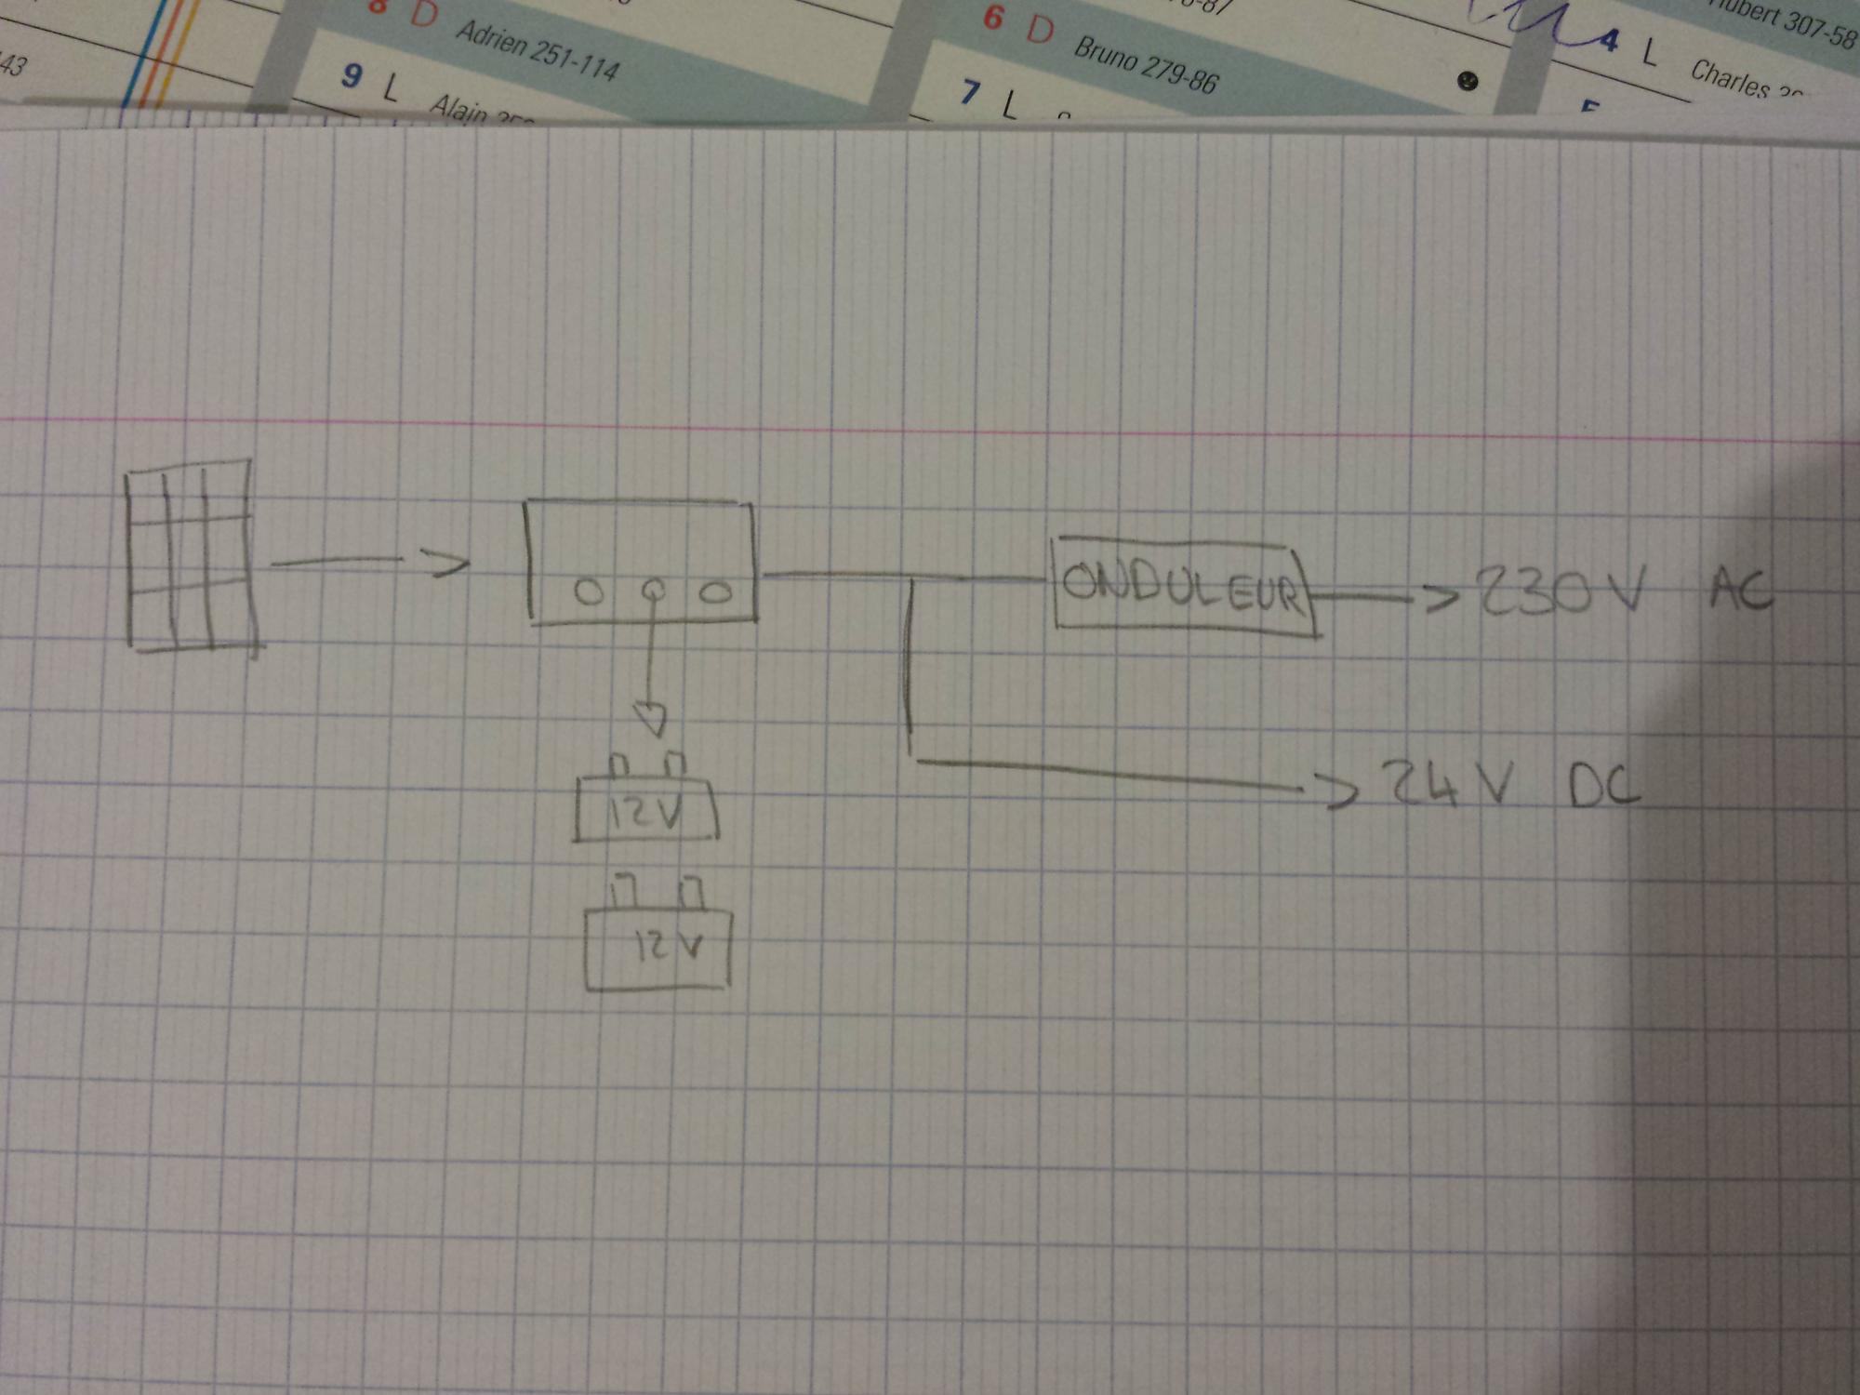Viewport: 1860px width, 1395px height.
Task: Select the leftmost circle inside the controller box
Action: [x=588, y=592]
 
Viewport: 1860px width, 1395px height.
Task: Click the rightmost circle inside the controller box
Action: [x=715, y=592]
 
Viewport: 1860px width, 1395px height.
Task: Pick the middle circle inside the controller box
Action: [x=653, y=590]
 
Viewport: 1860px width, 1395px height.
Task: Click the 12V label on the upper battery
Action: [x=644, y=815]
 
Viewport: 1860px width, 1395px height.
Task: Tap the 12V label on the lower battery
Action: [x=669, y=947]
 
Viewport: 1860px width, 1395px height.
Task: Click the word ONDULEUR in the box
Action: [x=1181, y=587]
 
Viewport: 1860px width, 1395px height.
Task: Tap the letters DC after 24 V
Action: [x=1602, y=788]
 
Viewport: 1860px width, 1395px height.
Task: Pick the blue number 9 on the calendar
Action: [x=352, y=75]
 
